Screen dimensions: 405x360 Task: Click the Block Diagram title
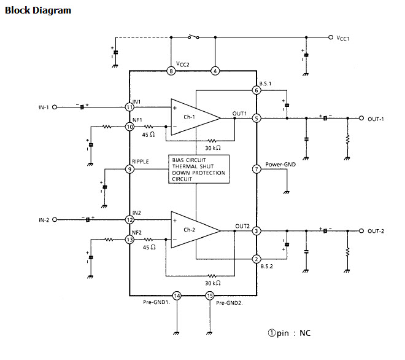point(38,10)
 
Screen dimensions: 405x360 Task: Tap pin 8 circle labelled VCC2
point(171,71)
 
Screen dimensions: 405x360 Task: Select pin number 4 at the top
point(215,71)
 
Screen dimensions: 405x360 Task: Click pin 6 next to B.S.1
point(256,90)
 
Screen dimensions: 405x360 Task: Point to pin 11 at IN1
point(129,107)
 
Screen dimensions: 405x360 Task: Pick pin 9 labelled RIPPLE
point(129,169)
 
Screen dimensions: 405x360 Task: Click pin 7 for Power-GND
point(256,169)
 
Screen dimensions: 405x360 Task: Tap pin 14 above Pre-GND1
point(177,295)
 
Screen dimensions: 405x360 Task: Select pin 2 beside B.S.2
point(256,259)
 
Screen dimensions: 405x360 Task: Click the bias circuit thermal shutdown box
point(199,169)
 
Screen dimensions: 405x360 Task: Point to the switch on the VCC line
point(193,37)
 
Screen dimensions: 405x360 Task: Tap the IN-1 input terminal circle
point(55,107)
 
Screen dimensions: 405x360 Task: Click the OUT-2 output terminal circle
point(361,231)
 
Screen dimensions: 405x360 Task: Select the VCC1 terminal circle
point(331,37)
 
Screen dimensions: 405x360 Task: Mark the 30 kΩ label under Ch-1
point(213,148)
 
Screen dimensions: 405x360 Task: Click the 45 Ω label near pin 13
point(149,247)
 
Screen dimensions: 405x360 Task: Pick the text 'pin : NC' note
point(294,333)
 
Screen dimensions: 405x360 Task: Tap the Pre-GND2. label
point(229,303)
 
